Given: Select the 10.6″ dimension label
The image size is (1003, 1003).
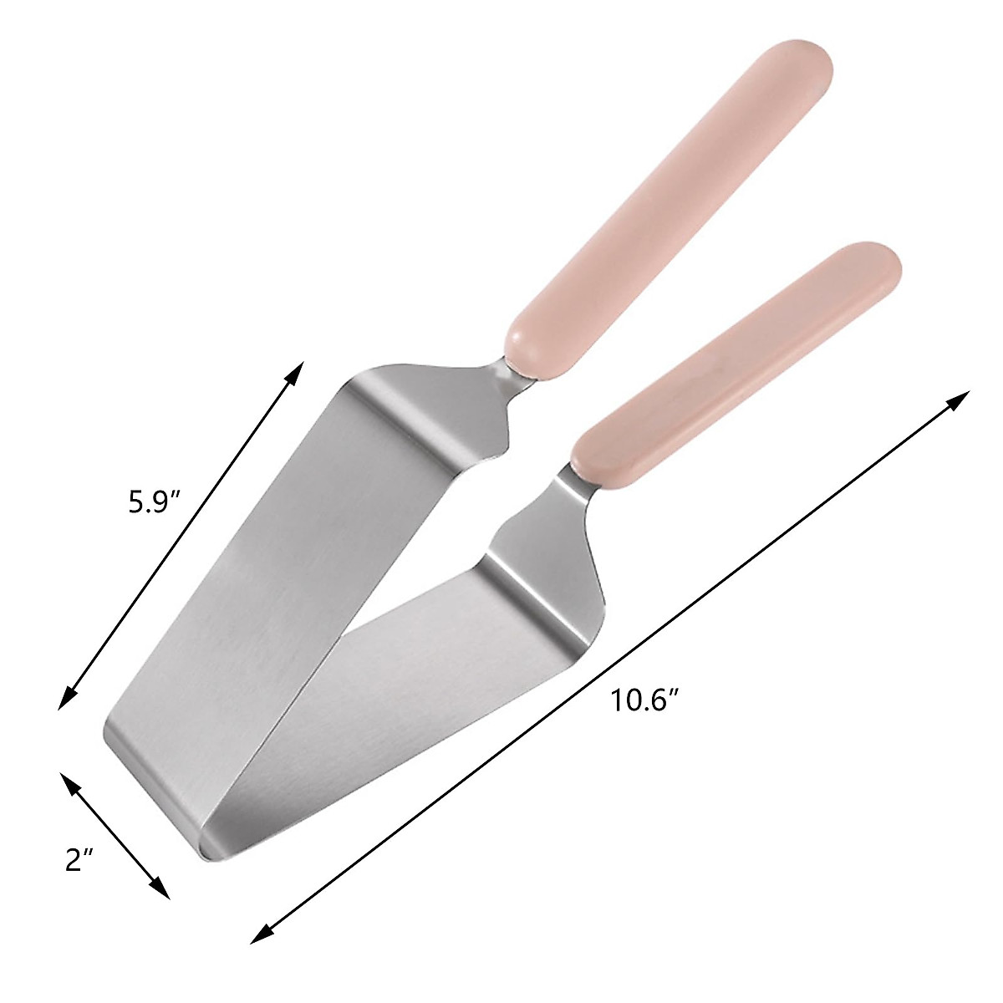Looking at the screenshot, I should click(x=641, y=700).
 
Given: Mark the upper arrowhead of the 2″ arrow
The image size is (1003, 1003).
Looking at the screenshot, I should click(x=69, y=782).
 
